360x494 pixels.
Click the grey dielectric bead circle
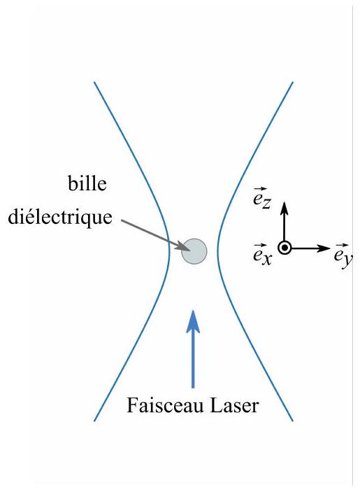pyautogui.click(x=194, y=251)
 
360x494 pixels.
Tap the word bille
pyautogui.click(x=87, y=183)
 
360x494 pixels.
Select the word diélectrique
pyautogui.click(x=60, y=217)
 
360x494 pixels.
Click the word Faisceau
pyautogui.click(x=165, y=405)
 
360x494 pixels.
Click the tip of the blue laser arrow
pyautogui.click(x=193, y=311)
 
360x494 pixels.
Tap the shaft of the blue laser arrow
pyautogui.click(x=193, y=359)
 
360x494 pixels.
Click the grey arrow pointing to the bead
pyautogui.click(x=155, y=235)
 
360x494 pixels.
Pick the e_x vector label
pyautogui.click(x=262, y=254)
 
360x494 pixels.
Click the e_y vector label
pyautogui.click(x=343, y=256)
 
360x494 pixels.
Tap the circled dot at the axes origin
pyautogui.click(x=285, y=248)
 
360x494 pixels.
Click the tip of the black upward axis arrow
pyautogui.click(x=285, y=202)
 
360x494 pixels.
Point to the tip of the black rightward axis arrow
pyautogui.click(x=330, y=248)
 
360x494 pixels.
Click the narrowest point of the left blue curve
pyautogui.click(x=170, y=251)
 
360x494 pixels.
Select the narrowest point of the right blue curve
pyautogui.click(x=217, y=251)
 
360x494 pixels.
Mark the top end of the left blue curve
pyautogui.click(x=94, y=83)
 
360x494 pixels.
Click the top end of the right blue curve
pyautogui.click(x=293, y=83)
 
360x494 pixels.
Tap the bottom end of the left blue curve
pyautogui.click(x=94, y=421)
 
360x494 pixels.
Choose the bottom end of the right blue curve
pyautogui.click(x=293, y=421)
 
